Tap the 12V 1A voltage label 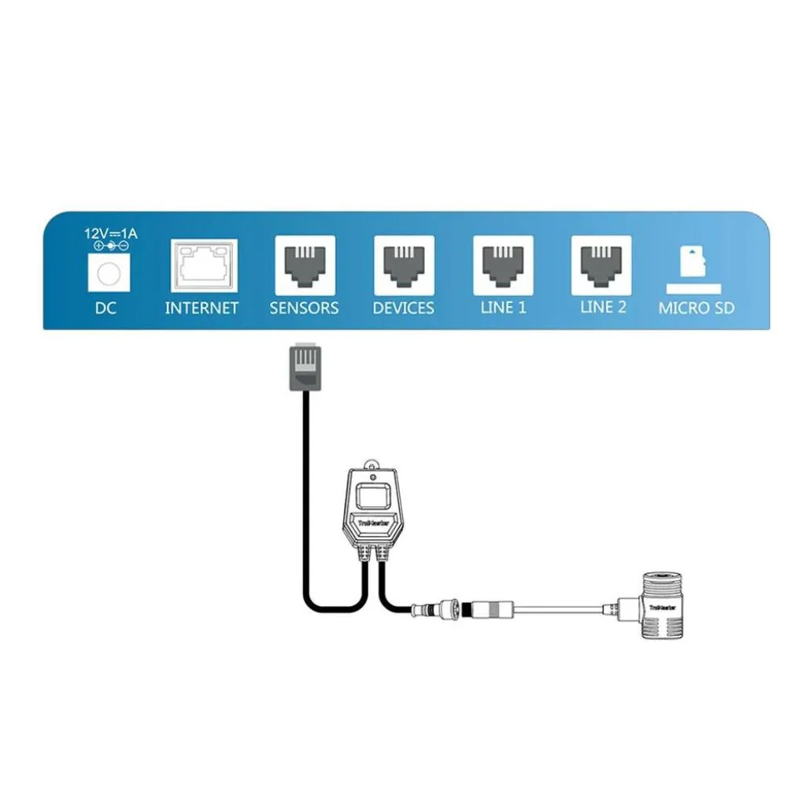(x=109, y=234)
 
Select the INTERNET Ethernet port (x=204, y=266)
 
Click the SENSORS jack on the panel (x=305, y=264)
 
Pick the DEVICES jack (x=404, y=264)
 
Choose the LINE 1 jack (x=503, y=264)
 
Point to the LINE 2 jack (x=601, y=264)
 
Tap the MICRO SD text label (x=696, y=308)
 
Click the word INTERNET (x=201, y=308)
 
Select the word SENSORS (x=304, y=308)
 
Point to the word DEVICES (x=403, y=308)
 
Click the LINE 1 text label (x=503, y=308)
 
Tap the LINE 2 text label (x=603, y=307)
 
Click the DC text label (x=105, y=308)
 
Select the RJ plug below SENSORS (x=304, y=367)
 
